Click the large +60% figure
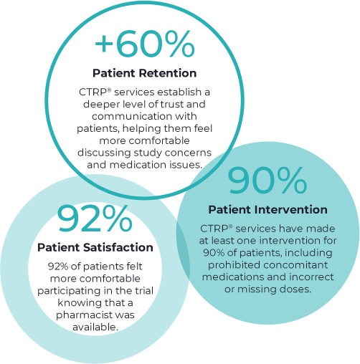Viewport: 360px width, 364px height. (145, 44)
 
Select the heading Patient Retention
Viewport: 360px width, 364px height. (145, 73)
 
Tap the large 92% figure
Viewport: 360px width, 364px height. (95, 219)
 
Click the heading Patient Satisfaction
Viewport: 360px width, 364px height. (95, 247)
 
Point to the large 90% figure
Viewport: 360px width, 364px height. (267, 180)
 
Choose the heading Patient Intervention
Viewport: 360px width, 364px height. (267, 210)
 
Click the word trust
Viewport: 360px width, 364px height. (172, 104)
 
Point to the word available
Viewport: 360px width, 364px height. (95, 327)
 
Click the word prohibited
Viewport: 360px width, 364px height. (230, 265)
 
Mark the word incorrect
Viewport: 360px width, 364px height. (311, 277)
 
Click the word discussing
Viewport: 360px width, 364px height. (104, 153)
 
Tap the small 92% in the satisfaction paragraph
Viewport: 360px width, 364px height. (58, 267)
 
